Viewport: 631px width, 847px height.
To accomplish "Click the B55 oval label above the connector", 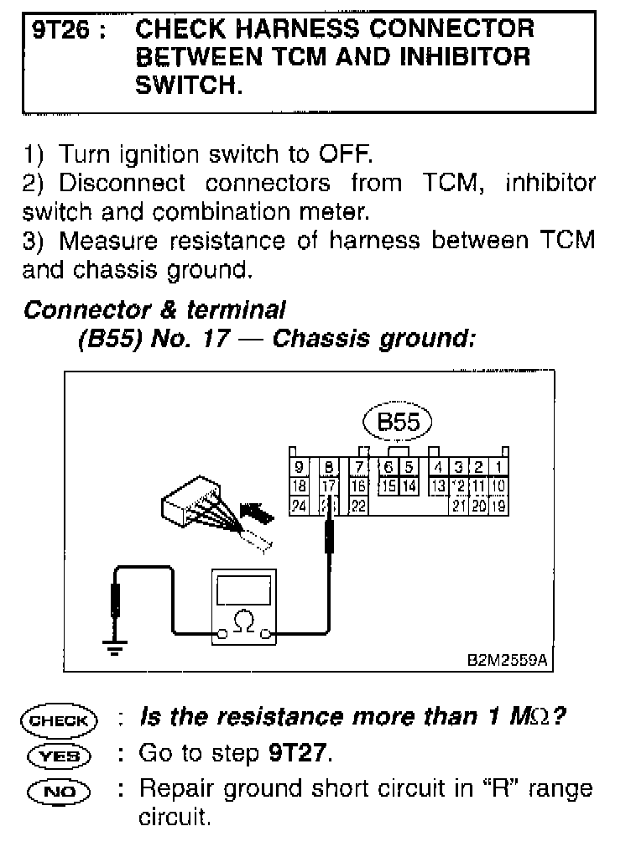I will pyautogui.click(x=399, y=422).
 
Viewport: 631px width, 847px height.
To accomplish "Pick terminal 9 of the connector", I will pyautogui.click(x=299, y=467).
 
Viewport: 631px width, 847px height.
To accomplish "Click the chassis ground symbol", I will pyautogui.click(x=115, y=646).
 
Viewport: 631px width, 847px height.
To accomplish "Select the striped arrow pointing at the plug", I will pyautogui.click(x=256, y=512).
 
